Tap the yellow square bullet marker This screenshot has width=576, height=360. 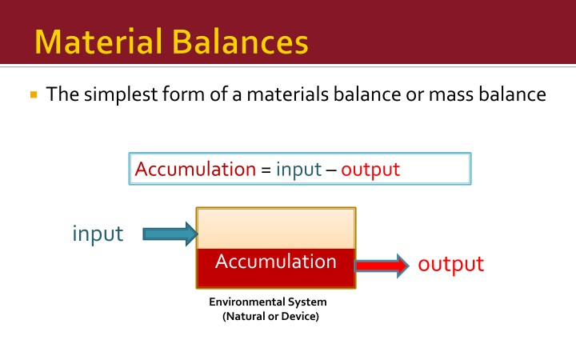(x=33, y=95)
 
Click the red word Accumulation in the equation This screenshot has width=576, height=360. (x=194, y=170)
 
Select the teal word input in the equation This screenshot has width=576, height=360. (x=298, y=170)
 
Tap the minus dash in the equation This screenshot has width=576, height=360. (x=331, y=170)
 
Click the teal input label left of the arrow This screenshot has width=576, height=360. (x=98, y=234)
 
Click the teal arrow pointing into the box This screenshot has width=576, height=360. (x=169, y=234)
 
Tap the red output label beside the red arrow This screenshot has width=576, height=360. (x=451, y=264)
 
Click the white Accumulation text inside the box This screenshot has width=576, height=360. (x=275, y=262)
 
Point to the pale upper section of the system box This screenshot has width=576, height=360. (x=275, y=228)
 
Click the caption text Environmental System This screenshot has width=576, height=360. (x=267, y=302)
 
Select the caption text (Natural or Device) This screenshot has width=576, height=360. (x=271, y=317)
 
